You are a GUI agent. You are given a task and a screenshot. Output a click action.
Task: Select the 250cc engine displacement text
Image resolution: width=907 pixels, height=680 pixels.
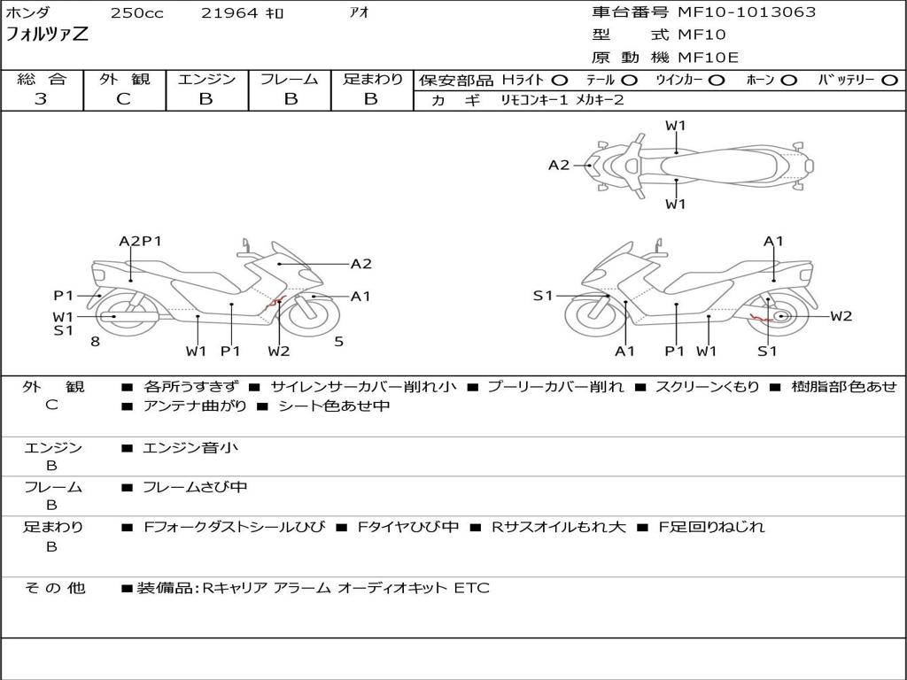136,13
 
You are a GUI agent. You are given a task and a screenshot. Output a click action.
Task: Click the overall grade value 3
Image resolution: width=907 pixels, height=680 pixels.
41,99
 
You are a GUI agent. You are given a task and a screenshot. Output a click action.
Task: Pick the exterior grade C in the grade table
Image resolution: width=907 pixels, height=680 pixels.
124,99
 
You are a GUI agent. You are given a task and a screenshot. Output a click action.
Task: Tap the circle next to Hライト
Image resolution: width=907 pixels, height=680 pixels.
560,81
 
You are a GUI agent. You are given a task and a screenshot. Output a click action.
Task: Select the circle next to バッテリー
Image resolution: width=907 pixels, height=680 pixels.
890,81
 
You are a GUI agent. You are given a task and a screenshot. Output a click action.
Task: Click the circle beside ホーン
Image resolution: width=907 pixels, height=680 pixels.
789,81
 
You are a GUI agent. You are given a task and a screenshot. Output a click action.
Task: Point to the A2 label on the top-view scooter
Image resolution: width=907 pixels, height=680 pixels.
559,165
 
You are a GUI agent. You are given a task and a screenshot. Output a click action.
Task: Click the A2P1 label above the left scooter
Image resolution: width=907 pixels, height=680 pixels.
140,241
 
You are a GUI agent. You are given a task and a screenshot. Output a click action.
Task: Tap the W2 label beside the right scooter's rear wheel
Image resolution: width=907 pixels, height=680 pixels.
841,316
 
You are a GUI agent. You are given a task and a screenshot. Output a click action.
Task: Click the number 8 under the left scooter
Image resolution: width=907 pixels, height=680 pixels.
95,341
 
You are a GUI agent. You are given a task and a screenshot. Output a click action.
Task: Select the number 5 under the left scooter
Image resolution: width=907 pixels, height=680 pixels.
338,341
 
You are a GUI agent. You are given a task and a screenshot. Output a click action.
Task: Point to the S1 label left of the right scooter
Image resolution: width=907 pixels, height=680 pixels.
543,296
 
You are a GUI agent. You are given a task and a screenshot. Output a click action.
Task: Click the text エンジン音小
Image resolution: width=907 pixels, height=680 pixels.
190,448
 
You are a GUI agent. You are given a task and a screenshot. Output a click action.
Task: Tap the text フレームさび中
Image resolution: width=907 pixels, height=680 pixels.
195,487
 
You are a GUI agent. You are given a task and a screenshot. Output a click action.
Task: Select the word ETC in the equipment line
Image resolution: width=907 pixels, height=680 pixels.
471,587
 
